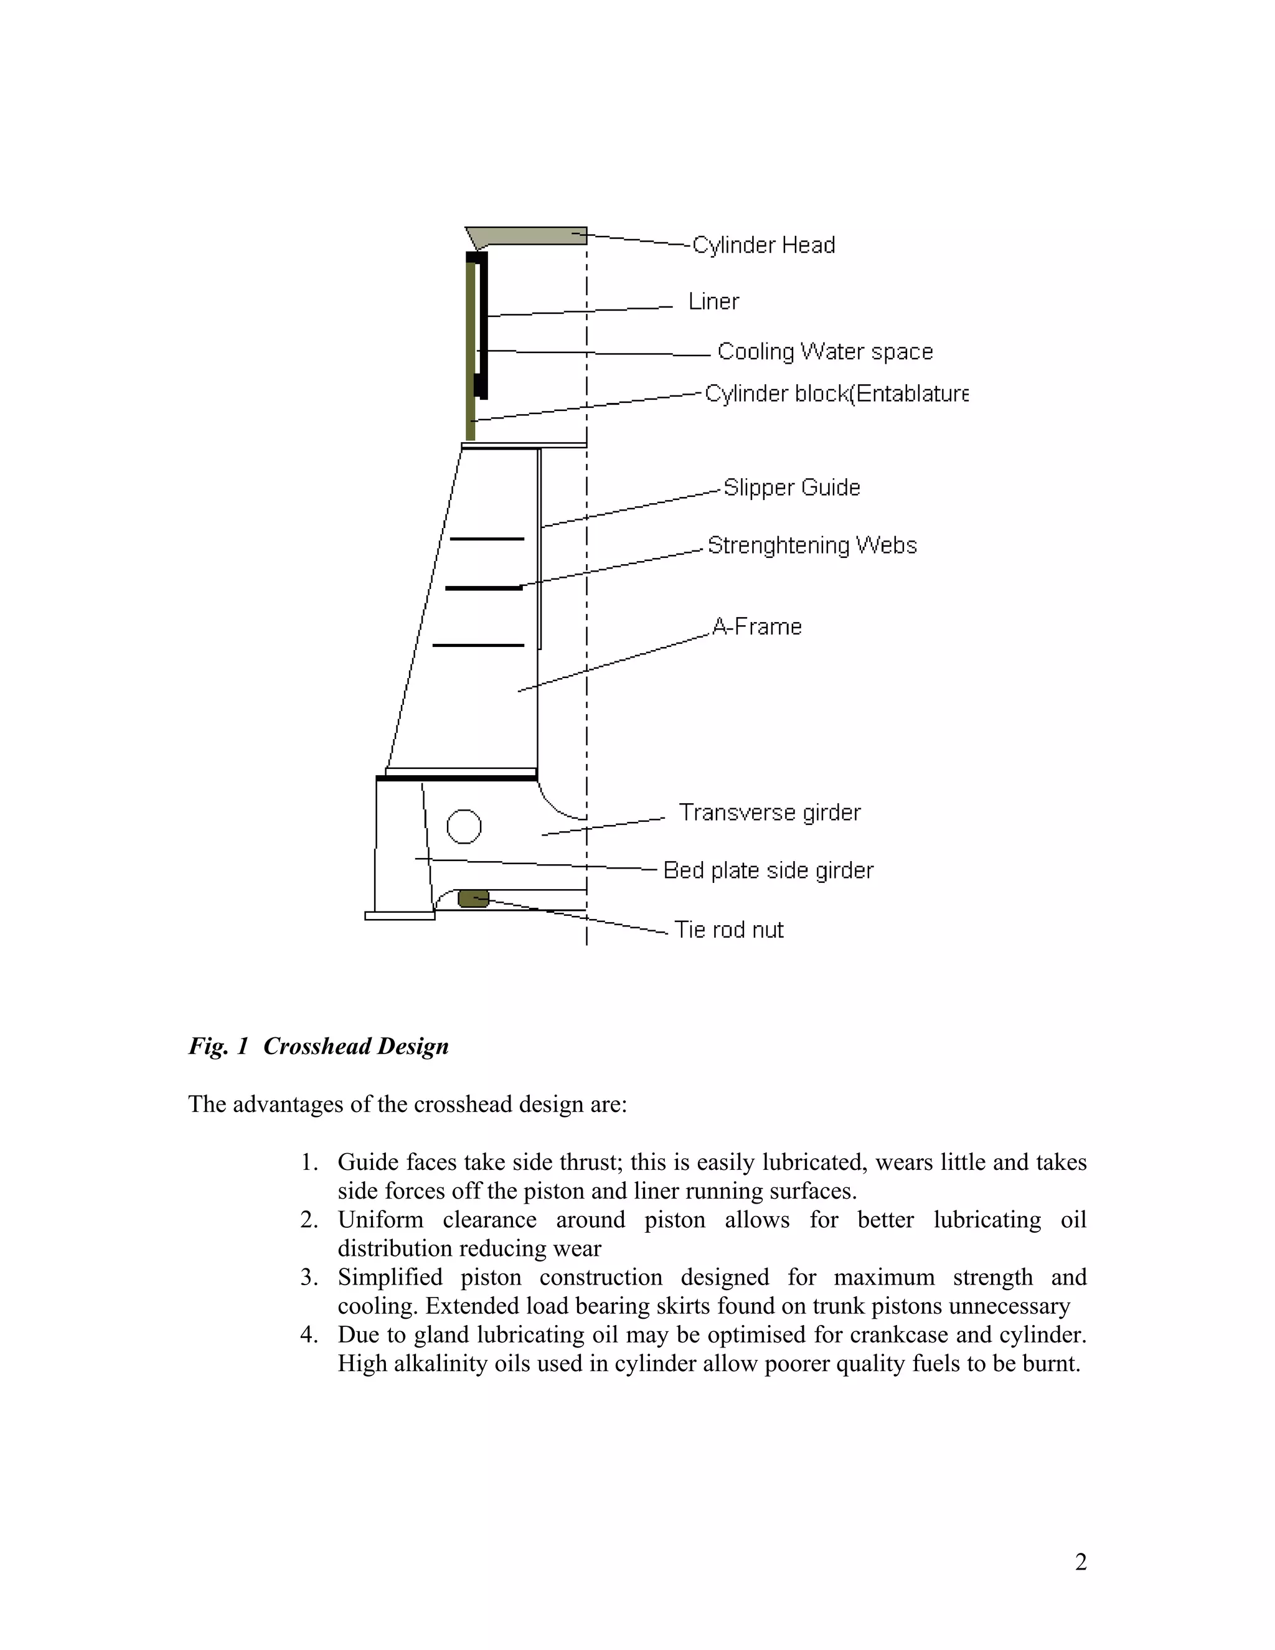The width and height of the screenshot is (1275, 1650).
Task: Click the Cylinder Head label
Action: click(764, 245)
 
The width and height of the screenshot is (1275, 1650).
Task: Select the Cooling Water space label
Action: click(825, 351)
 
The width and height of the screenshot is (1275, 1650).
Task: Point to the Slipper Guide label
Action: click(792, 488)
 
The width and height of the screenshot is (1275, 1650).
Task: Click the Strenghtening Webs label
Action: click(812, 545)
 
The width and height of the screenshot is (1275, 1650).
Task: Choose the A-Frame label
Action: click(757, 626)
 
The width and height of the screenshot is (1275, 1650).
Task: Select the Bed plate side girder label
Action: click(768, 870)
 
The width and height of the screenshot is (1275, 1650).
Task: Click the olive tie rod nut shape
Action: click(474, 898)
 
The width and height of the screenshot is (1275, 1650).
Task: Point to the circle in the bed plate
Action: click(464, 826)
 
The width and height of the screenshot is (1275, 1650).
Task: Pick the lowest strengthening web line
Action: click(478, 645)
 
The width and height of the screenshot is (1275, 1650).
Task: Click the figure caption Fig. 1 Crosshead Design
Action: click(319, 1047)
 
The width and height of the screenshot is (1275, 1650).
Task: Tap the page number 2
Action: click(1081, 1562)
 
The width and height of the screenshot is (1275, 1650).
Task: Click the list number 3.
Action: click(309, 1278)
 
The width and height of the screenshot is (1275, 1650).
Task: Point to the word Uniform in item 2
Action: click(380, 1220)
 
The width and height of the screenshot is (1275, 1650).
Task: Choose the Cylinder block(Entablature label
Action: click(836, 394)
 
